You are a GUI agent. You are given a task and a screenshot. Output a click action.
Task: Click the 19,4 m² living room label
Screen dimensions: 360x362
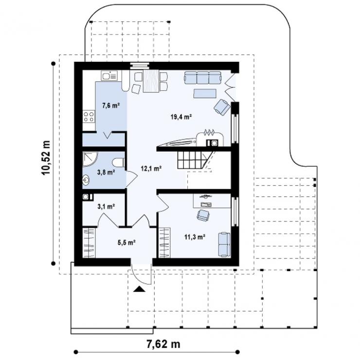coord(181,117)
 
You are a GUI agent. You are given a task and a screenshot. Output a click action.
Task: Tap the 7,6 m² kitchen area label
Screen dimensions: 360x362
coord(111,106)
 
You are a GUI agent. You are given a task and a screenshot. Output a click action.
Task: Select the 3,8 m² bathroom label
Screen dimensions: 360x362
coord(106,172)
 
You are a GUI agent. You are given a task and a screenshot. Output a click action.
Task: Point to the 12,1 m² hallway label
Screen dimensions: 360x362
coord(151,169)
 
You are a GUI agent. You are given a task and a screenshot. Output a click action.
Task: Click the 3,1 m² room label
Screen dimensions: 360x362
coord(106,207)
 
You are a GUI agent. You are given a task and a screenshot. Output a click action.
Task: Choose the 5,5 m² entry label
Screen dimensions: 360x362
coord(126,242)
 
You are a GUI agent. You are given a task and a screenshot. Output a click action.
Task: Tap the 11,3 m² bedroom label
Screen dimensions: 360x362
coord(195,237)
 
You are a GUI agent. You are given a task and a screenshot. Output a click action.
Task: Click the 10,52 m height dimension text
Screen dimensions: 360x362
coord(46,157)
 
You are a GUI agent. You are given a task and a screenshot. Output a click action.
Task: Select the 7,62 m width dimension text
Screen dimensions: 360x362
coord(163,344)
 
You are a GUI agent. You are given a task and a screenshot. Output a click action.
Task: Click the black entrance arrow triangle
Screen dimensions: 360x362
coord(139,289)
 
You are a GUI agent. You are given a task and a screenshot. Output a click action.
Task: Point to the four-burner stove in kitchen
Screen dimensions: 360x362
coord(89,116)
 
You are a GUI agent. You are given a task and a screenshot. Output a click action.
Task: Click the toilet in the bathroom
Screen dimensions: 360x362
coord(119,162)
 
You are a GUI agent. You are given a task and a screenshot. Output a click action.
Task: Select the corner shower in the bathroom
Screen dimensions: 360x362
coord(90,159)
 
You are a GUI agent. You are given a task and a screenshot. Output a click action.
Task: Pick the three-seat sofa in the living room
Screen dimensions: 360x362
coord(203,78)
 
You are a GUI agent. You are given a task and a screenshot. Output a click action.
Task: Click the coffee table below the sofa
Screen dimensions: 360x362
coord(205,93)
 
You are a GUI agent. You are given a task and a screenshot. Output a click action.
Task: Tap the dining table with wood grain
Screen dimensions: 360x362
coord(151,81)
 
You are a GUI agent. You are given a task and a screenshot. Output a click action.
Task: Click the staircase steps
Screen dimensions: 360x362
coord(190,160)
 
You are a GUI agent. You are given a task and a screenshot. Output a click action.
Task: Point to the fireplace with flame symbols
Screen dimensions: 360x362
coord(210,138)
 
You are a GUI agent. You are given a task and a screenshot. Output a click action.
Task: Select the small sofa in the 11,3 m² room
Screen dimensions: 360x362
coord(224,245)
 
